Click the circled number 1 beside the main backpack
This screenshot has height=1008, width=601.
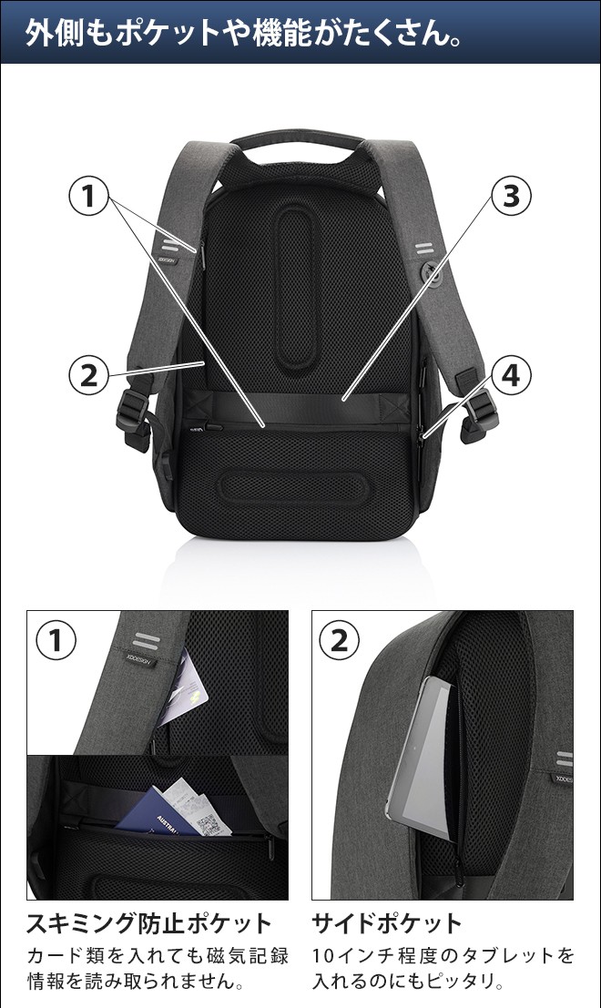(x=88, y=196)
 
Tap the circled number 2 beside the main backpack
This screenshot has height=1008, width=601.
(x=88, y=374)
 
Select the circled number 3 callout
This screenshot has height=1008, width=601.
(x=511, y=196)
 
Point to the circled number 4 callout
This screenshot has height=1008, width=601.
(x=511, y=375)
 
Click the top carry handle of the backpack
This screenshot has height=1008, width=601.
(x=297, y=140)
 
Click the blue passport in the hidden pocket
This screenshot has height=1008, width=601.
(x=153, y=812)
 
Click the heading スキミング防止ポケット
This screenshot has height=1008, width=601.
(x=149, y=924)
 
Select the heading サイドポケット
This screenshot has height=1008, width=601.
(x=387, y=924)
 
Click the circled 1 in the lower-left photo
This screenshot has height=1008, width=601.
(x=56, y=640)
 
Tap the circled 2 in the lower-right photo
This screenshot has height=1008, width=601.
(x=340, y=640)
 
